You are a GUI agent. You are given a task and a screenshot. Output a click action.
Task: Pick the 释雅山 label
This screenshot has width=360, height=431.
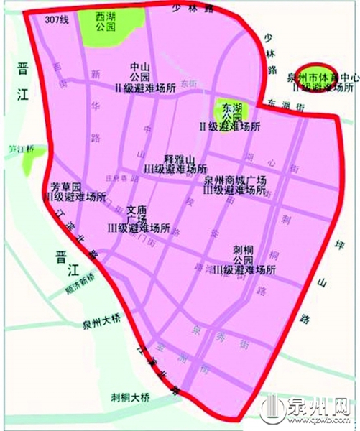point(177,158)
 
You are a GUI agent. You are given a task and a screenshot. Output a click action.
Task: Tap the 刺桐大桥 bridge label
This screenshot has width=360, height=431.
point(129,396)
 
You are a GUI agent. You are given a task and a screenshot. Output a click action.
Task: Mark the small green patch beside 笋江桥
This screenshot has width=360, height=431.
point(30,164)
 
